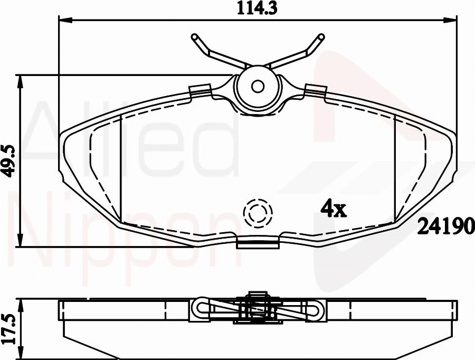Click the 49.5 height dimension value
click(9, 161)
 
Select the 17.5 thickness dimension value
click(9, 328)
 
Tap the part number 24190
click(446, 227)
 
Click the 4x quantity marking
click(334, 210)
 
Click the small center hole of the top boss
click(258, 86)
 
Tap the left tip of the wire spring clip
click(194, 37)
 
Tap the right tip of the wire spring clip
click(320, 37)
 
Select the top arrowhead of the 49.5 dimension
click(21, 81)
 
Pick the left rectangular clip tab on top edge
click(201, 90)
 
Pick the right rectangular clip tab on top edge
click(315, 90)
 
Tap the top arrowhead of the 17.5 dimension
click(21, 305)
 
